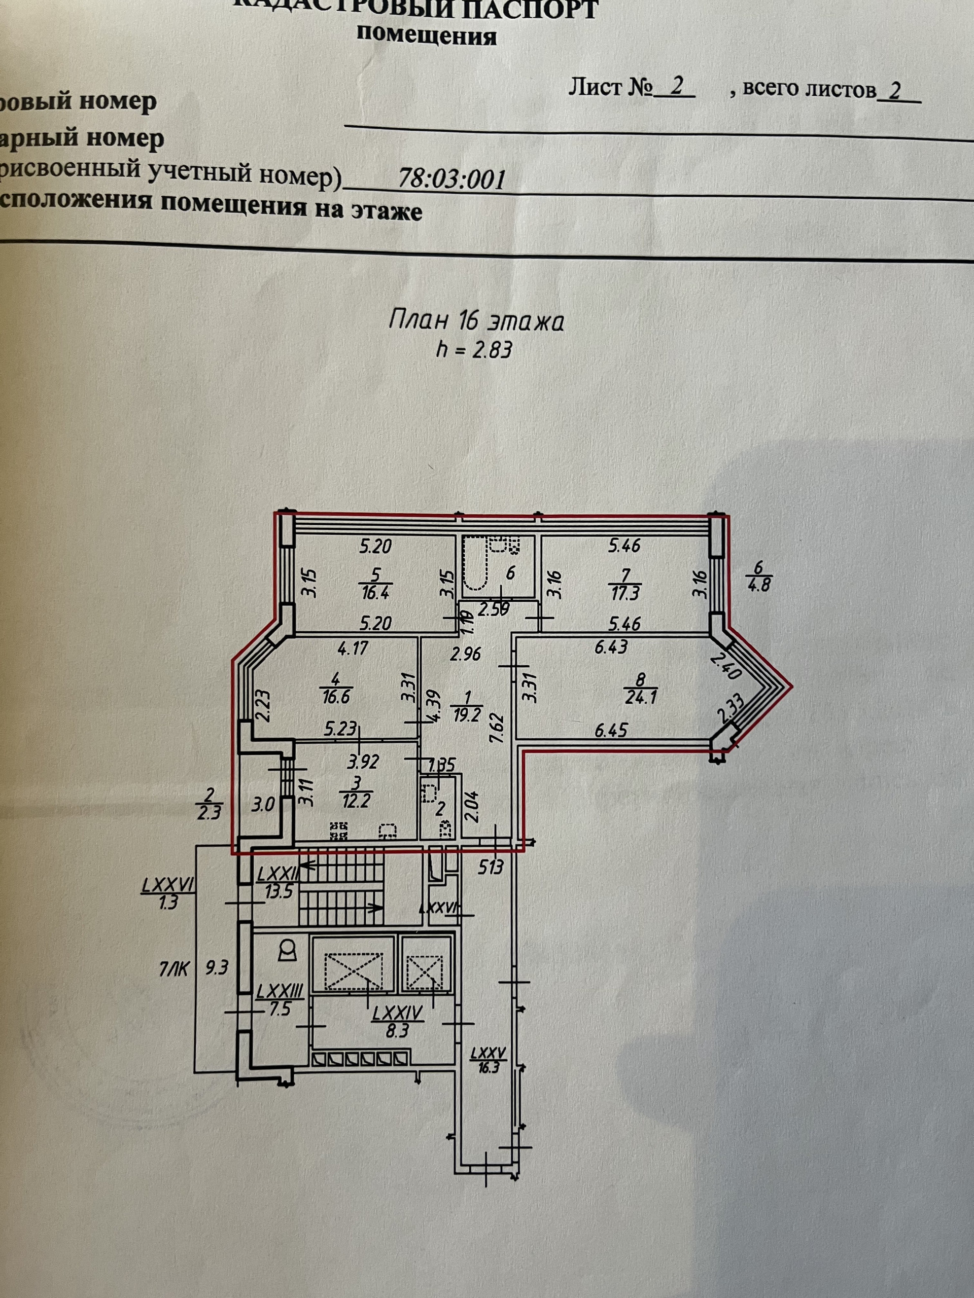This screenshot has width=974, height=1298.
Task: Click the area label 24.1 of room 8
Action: [641, 698]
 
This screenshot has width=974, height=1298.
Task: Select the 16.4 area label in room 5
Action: [376, 592]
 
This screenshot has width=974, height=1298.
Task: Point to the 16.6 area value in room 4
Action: [336, 698]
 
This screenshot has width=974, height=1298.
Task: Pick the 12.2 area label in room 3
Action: [356, 801]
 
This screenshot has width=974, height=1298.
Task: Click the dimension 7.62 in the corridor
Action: [496, 728]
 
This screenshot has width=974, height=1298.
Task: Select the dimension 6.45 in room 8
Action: [611, 730]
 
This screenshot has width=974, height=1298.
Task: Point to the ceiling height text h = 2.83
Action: [474, 350]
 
